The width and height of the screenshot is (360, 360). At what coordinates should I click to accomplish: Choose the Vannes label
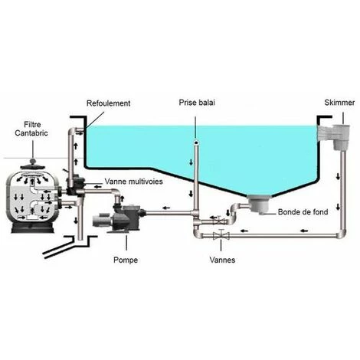click(221, 260)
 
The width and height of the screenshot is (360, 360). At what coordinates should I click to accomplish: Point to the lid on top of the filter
click(34, 157)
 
